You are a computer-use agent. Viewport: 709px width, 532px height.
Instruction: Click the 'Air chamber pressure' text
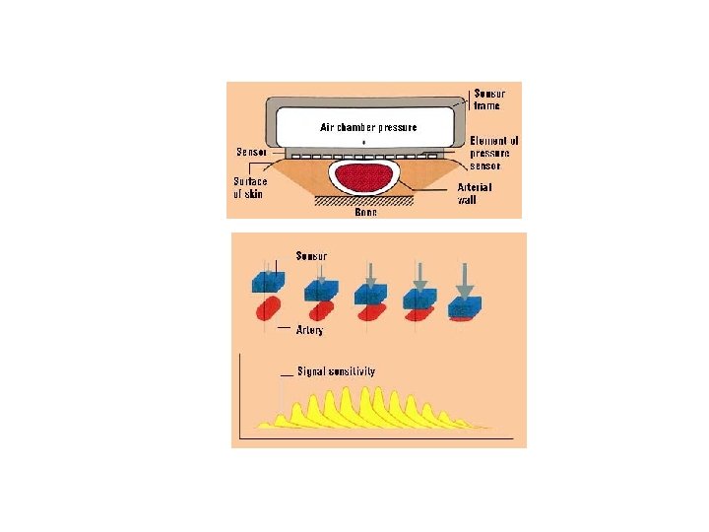tap(368, 127)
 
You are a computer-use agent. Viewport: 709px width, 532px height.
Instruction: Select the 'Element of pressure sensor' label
tap(493, 154)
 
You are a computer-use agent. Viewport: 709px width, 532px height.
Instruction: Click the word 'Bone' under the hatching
tap(365, 213)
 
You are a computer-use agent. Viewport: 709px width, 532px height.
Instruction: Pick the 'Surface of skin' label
tap(249, 187)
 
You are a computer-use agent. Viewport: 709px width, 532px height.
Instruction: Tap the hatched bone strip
tap(363, 202)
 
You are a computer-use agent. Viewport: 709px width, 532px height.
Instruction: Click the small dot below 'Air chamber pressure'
tap(364, 144)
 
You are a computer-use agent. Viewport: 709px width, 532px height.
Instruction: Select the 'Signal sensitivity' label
tap(336, 371)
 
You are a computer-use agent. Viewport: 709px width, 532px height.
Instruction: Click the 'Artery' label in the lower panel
tap(309, 330)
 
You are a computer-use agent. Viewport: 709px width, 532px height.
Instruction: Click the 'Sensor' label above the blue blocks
tap(312, 255)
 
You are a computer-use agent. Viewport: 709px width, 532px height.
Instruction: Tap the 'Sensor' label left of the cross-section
tap(250, 152)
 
